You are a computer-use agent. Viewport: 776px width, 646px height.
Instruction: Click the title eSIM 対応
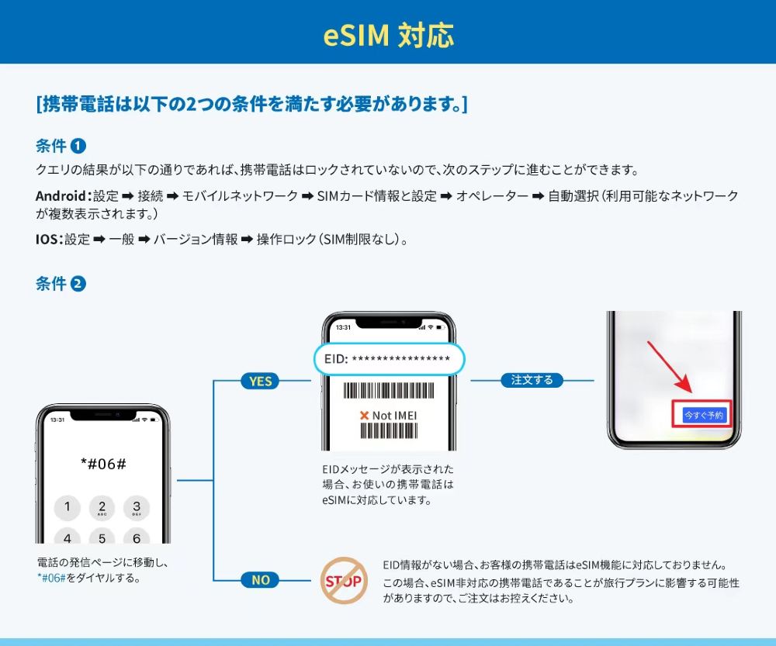click(x=388, y=35)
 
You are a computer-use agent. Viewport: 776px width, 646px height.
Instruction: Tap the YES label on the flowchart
click(x=260, y=381)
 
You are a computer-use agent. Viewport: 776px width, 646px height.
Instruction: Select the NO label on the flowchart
click(x=260, y=579)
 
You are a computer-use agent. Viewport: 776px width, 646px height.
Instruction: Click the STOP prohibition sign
click(x=344, y=580)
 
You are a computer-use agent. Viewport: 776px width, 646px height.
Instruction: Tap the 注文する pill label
click(x=532, y=380)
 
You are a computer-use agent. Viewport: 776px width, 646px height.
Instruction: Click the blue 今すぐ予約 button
click(x=704, y=415)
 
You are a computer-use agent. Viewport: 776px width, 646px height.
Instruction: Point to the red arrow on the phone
click(x=668, y=366)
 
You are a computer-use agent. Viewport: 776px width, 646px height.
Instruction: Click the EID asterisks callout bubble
click(x=389, y=359)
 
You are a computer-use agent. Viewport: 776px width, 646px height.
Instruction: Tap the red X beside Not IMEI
click(x=364, y=416)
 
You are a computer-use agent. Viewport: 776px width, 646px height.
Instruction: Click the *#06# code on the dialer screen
click(x=103, y=463)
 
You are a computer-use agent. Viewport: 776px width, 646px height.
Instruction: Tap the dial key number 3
click(x=137, y=508)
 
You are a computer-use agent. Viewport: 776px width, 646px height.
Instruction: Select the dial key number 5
click(x=102, y=537)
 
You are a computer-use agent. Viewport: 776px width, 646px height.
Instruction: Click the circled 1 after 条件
click(x=78, y=146)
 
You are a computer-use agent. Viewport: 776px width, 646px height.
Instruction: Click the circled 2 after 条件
click(x=78, y=284)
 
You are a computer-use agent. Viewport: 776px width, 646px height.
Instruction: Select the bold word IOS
click(x=47, y=240)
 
